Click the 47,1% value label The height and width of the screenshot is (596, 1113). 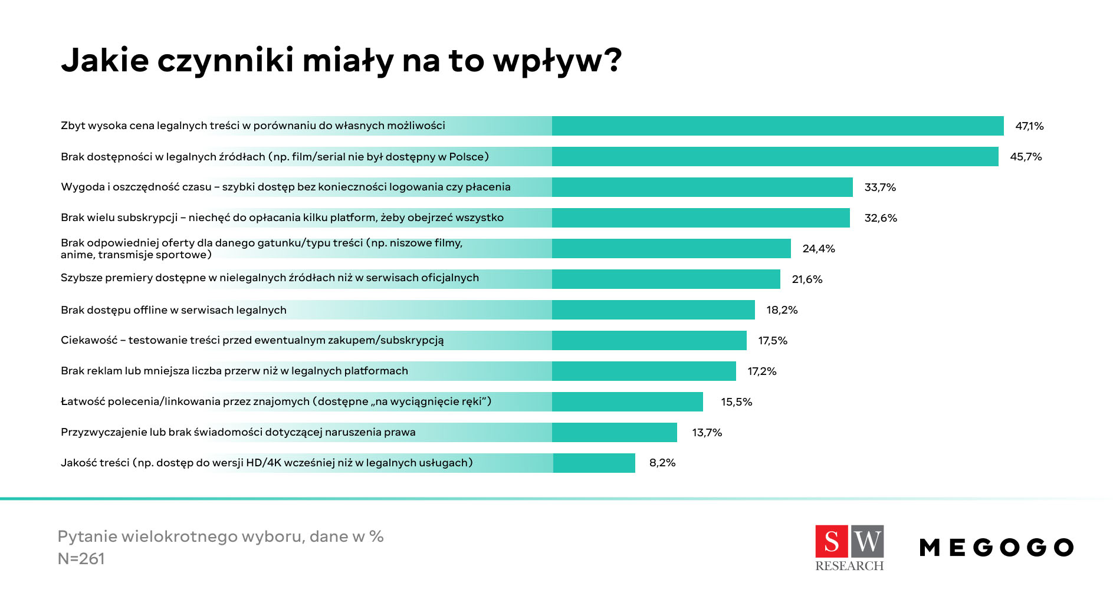click(1029, 126)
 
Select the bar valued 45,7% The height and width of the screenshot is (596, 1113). click(774, 157)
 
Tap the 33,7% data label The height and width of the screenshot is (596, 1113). click(880, 187)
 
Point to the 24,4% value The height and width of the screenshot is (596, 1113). click(819, 249)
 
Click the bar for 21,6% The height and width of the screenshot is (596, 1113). click(665, 279)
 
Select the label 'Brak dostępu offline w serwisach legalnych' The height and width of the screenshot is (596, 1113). click(173, 310)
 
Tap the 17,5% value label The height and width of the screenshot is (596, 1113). click(773, 341)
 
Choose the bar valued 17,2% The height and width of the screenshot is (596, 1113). click(643, 371)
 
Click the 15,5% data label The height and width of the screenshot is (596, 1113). click(736, 402)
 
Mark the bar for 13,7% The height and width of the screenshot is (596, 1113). click(614, 433)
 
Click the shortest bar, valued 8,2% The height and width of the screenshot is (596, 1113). click(593, 463)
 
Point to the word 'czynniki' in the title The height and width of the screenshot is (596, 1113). click(225, 61)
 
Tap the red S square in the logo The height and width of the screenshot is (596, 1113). click(832, 541)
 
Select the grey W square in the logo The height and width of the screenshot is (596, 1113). click(867, 541)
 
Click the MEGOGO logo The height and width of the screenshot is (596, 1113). click(996, 548)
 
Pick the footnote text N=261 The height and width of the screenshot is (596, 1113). click(81, 559)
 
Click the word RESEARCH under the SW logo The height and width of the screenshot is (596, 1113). click(849, 566)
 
